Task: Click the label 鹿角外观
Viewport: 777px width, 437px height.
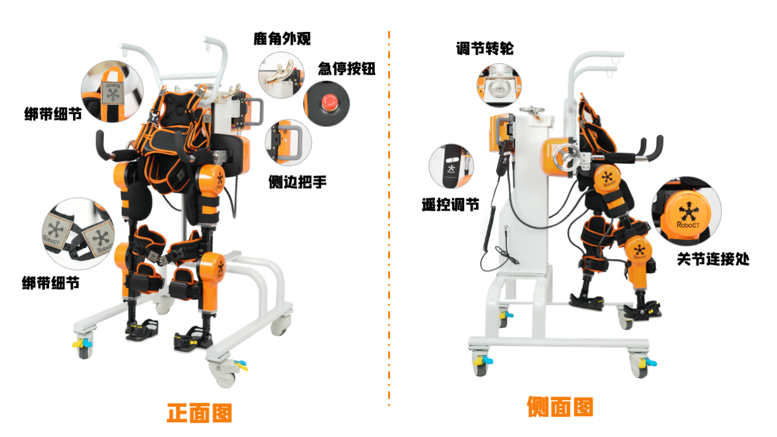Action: coord(282,39)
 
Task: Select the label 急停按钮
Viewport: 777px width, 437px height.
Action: coord(346,69)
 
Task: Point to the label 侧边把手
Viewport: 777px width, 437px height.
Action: coord(297,182)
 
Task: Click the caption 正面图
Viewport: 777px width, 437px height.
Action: coord(200,412)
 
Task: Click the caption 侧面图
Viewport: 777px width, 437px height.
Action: coord(560,406)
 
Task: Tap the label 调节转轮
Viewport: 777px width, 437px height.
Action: coord(485,48)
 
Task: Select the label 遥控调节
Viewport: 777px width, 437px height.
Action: coord(450,205)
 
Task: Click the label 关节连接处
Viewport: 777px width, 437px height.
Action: coord(713,259)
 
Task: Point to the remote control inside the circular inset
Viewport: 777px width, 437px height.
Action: coord(451,166)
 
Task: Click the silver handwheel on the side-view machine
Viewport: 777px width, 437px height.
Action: coord(566,161)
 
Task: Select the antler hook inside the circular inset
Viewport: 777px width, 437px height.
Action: coord(281,72)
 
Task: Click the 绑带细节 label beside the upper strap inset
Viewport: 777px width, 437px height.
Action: coord(53,114)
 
